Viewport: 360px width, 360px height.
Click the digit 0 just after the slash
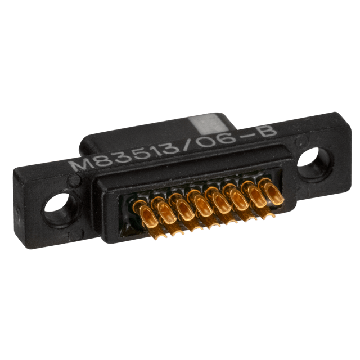tap(207, 142)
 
